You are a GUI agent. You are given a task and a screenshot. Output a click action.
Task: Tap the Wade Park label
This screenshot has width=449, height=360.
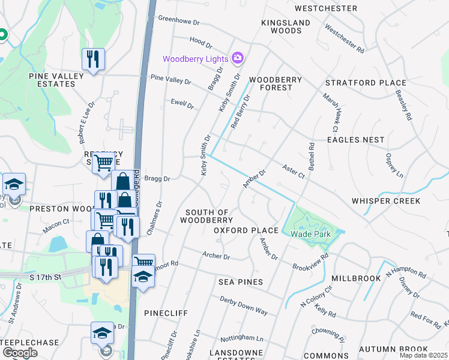pyautogui.click(x=308, y=235)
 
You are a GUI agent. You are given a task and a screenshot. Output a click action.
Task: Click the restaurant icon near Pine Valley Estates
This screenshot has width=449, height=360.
pyautogui.click(x=93, y=59)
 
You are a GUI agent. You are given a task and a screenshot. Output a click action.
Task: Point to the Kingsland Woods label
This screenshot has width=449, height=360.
pyautogui.click(x=286, y=26)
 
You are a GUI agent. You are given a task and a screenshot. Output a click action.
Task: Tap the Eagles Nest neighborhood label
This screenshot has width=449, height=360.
pyautogui.click(x=355, y=140)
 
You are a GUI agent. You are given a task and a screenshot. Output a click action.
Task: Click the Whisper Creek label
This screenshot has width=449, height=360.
pyautogui.click(x=386, y=200)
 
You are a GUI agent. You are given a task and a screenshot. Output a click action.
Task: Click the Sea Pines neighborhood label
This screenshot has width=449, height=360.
pyautogui.click(x=241, y=282)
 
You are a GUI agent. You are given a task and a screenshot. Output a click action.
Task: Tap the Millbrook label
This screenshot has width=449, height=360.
pyautogui.click(x=357, y=278)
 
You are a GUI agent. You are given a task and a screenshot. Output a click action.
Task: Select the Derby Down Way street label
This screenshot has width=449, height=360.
pyautogui.click(x=243, y=305)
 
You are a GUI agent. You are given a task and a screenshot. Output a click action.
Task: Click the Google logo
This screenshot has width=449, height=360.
pyautogui.click(x=20, y=353)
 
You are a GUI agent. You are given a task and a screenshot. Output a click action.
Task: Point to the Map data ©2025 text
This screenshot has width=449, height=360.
pyautogui.click(x=423, y=355)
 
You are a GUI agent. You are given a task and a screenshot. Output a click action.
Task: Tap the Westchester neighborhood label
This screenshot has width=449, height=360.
pyautogui.click(x=326, y=8)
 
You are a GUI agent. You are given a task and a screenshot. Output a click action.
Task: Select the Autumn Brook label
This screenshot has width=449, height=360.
pyautogui.click(x=393, y=349)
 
